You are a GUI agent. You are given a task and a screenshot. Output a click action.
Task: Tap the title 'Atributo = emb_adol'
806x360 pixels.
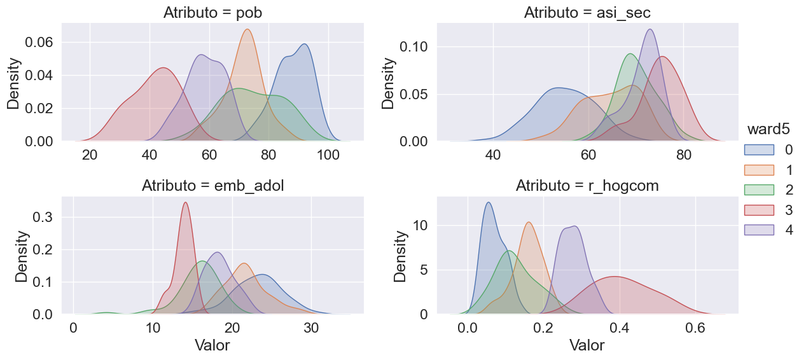(x=212, y=186)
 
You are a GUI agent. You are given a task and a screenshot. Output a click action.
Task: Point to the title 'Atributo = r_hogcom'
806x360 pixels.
(x=587, y=186)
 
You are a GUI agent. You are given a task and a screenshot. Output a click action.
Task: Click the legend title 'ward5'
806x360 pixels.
(x=768, y=129)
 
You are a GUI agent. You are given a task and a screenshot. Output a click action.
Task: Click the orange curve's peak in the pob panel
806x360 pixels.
(x=247, y=30)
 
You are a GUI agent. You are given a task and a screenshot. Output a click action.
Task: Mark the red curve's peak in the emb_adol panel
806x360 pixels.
(x=185, y=203)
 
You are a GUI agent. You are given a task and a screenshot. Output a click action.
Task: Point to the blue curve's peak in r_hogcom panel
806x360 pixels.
(x=488, y=203)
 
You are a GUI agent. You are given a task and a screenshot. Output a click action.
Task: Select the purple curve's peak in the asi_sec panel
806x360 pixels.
(x=650, y=29)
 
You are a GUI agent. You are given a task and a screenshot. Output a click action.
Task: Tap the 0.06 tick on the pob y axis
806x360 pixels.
(x=39, y=42)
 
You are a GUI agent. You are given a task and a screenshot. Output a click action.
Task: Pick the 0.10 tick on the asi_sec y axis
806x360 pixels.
(x=415, y=46)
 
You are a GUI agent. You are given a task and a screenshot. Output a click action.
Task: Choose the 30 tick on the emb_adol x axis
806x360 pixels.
(x=311, y=329)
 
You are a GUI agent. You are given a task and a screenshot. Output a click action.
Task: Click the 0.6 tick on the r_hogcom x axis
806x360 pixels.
(x=695, y=329)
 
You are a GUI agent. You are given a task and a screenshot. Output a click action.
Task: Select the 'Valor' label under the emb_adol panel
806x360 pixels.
(x=212, y=346)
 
